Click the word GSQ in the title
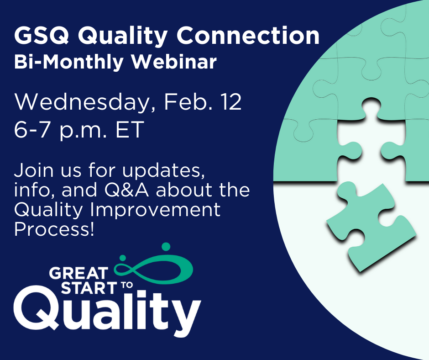coord(42,35)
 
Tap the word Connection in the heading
coord(248,35)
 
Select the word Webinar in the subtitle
coord(174,62)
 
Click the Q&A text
coord(127,190)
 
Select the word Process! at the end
coord(54,229)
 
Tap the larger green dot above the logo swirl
coord(166,247)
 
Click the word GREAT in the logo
coord(79,273)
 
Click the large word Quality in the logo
coord(107,311)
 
